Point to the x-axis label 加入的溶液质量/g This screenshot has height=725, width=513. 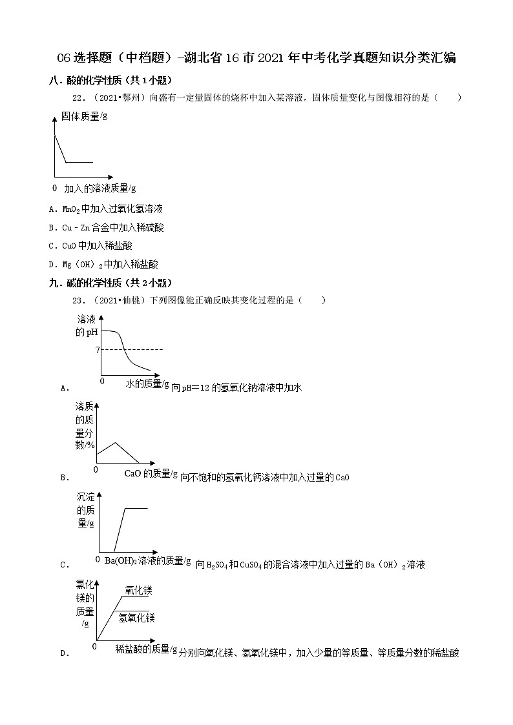(100, 189)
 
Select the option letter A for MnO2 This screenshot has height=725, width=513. (51, 209)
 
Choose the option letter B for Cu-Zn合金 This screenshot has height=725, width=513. (51, 227)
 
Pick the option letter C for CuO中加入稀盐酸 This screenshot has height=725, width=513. (51, 246)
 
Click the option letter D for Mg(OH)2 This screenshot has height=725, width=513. (51, 264)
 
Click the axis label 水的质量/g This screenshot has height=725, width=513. (147, 384)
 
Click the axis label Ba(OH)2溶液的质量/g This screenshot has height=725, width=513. (147, 560)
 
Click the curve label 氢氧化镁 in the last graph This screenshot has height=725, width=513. (136, 618)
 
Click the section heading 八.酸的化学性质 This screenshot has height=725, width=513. (110, 80)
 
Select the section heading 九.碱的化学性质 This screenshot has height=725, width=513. (110, 283)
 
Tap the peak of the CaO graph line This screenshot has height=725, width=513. (116, 442)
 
